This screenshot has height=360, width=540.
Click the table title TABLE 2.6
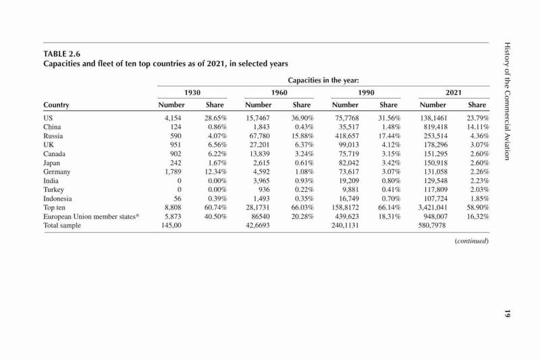point(61,54)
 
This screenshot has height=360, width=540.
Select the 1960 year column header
point(279,93)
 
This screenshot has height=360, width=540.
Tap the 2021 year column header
point(454,93)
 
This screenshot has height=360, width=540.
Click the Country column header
point(56,105)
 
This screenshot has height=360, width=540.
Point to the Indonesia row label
point(57,199)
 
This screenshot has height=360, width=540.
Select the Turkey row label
point(53,190)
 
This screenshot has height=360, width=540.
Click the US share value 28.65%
point(215,118)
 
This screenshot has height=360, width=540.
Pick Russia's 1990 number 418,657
point(347,136)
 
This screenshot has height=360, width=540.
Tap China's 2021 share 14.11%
point(478,127)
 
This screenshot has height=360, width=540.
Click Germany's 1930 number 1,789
point(173,172)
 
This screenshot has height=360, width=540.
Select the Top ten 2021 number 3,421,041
point(433,207)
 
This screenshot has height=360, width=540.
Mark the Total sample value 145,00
point(171,226)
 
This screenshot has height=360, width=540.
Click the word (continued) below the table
point(471,241)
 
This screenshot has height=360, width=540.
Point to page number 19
point(507,314)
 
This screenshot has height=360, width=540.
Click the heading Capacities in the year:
point(323,80)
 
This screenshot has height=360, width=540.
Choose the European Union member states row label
point(91,217)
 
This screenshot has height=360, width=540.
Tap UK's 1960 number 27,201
point(260,145)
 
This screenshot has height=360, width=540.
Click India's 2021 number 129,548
point(435,181)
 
